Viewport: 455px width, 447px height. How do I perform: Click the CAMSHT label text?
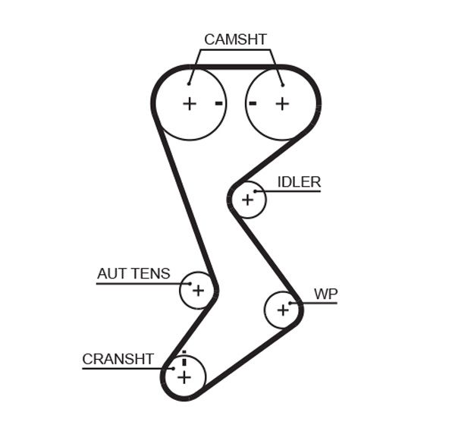coord(235,39)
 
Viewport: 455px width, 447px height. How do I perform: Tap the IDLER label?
coord(299,182)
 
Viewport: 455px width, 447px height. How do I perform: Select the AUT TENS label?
coord(133,274)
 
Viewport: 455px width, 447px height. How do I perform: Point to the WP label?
coord(325,294)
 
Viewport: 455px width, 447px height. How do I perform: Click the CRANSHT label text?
coord(118,359)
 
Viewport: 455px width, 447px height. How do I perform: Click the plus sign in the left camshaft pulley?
coord(190,103)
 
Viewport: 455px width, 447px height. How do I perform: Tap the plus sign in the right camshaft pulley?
coord(282,103)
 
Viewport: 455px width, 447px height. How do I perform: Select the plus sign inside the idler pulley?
coord(247,200)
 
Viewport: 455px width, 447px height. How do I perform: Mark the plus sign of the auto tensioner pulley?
coord(198,290)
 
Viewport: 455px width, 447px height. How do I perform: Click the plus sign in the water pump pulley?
coord(283,309)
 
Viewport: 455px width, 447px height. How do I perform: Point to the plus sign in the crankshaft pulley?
coord(184,376)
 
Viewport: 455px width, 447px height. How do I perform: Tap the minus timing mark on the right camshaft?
coord(253,102)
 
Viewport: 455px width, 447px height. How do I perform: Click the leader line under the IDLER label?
coord(292,191)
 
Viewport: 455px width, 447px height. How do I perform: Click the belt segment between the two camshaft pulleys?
coord(236,68)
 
